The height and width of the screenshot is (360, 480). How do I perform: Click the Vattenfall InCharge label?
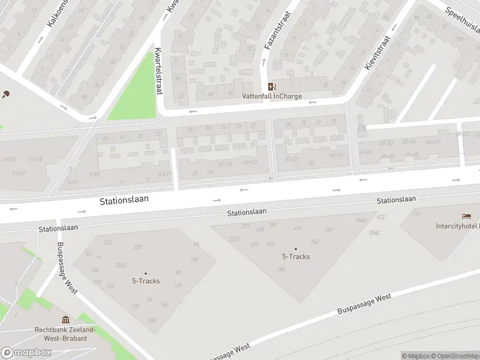click(272, 96)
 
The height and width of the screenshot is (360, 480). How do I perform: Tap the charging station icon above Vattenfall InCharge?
click(272, 86)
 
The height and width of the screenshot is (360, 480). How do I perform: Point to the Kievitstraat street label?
click(377, 53)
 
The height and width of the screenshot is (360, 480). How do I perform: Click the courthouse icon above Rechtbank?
click(65, 320)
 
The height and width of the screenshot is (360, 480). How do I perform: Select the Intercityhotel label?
click(457, 226)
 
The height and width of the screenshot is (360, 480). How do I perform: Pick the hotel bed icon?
click(466, 216)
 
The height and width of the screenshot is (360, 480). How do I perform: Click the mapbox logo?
click(26, 353)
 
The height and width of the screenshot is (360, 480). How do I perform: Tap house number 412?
click(380, 217)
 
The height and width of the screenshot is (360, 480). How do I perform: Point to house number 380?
click(281, 269)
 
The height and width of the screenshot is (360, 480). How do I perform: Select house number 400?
click(298, 229)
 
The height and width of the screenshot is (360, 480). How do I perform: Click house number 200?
click(151, 320)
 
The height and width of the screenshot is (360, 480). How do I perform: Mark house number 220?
click(137, 247)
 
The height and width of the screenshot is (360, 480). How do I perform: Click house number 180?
click(194, 260)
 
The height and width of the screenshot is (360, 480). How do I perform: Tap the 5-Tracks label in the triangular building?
click(296, 257)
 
